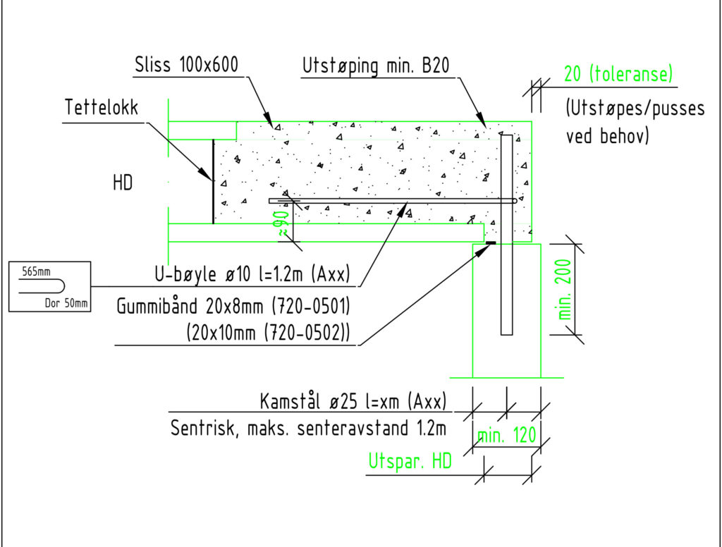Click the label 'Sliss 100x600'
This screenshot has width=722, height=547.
coord(187,66)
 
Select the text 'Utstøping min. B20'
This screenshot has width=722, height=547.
coord(376,66)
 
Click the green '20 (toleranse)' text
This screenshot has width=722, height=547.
coord(618,73)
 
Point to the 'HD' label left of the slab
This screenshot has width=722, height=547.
coord(123,183)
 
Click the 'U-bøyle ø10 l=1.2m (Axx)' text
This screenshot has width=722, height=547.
coord(252,274)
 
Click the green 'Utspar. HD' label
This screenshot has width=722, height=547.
coord(410,462)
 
